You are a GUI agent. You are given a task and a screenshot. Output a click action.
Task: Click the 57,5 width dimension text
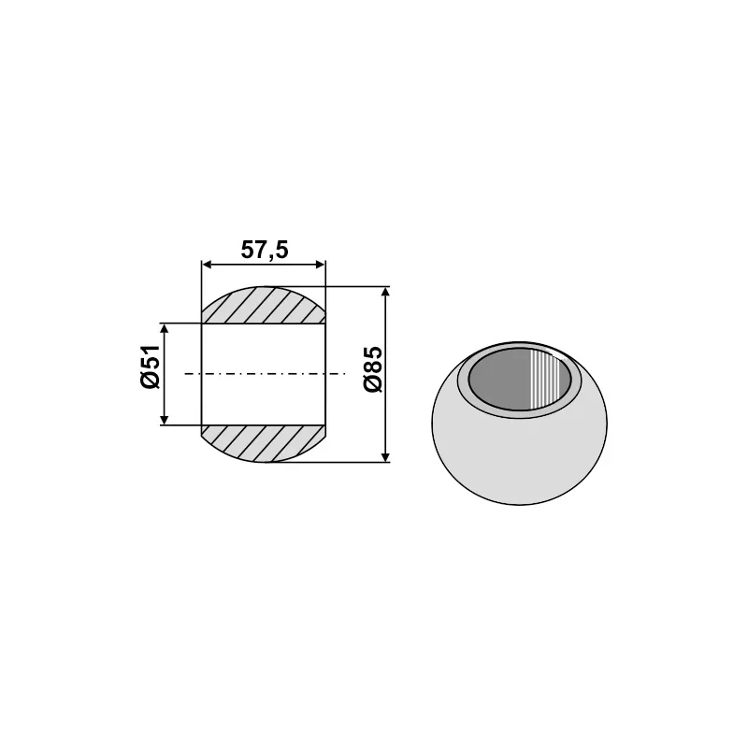point(264,251)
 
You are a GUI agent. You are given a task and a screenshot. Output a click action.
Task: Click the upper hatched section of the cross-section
point(264,306)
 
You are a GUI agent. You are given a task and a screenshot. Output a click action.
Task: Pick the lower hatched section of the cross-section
point(264,442)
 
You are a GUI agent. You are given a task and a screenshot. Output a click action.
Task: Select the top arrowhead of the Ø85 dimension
point(386,293)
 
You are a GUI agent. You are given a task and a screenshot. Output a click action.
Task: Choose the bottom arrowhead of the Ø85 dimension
point(386,455)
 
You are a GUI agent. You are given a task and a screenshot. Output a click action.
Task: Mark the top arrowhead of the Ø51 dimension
point(165,330)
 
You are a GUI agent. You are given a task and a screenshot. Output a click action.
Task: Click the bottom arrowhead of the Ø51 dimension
point(165,419)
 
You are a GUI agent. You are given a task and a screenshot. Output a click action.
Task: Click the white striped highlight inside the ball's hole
point(549,379)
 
